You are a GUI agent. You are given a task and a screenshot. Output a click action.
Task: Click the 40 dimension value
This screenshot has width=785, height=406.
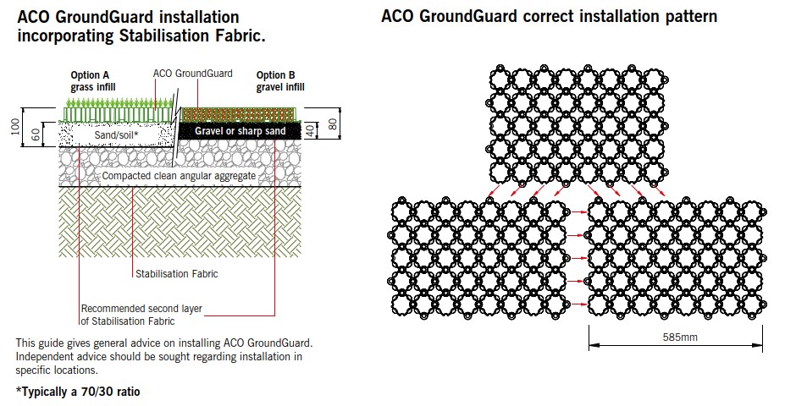tap(312, 130)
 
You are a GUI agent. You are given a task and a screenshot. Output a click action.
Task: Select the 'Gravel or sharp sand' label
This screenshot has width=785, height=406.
tap(239, 131)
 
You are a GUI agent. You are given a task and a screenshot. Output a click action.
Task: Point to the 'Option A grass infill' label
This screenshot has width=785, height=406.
tap(92, 80)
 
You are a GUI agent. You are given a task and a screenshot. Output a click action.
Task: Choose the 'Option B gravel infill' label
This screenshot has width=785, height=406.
tap(280, 80)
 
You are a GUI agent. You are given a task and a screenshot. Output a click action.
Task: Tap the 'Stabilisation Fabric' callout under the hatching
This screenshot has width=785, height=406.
tap(176, 273)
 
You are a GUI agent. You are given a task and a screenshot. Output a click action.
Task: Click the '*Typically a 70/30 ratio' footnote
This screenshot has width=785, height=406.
tap(77, 392)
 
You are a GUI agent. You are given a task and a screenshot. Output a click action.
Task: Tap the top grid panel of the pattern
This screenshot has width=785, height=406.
tap(575, 123)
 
